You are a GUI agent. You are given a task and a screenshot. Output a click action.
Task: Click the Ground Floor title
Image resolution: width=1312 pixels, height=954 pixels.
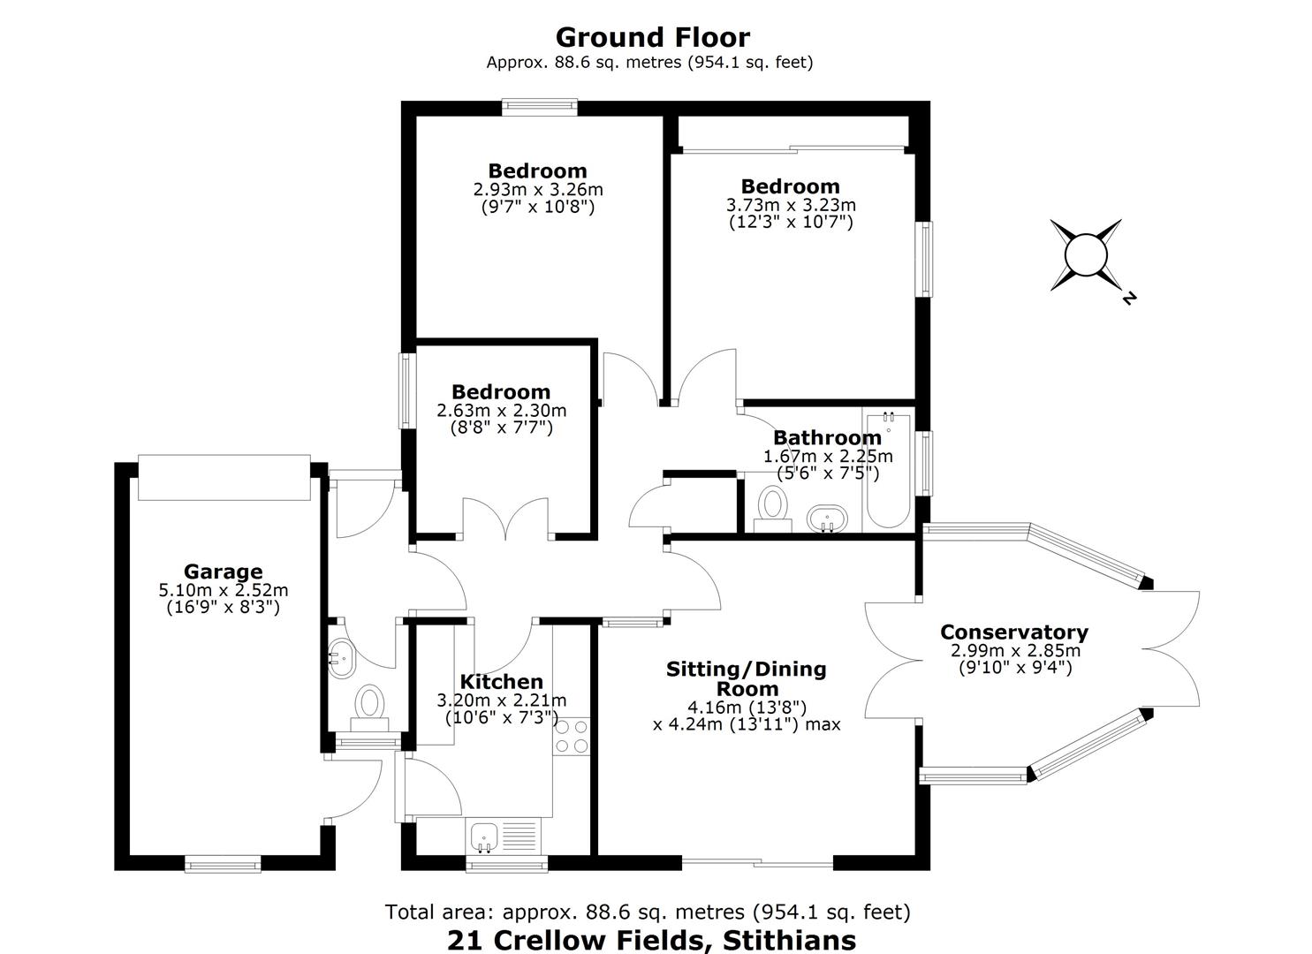tap(653, 37)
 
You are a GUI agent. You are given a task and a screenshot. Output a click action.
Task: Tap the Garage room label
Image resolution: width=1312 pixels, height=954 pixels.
tap(224, 571)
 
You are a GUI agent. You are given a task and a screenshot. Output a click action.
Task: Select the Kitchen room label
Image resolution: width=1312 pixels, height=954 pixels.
tap(501, 681)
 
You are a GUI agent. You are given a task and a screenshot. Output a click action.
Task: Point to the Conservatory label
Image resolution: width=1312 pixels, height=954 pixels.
tap(1014, 632)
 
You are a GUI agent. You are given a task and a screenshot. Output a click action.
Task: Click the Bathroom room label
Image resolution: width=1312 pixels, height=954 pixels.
tap(827, 437)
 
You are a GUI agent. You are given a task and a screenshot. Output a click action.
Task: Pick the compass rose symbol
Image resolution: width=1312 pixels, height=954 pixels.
tap(1086, 255)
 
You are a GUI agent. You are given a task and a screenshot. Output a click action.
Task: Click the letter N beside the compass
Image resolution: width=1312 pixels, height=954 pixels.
tap(1129, 298)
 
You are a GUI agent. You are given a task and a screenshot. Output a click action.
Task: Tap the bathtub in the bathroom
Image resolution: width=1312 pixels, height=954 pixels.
tap(888, 470)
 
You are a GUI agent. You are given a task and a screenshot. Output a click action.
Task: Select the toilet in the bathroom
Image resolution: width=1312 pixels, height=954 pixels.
tap(772, 510)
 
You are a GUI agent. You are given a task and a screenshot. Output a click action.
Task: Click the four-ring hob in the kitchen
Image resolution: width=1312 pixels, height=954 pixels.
tap(571, 736)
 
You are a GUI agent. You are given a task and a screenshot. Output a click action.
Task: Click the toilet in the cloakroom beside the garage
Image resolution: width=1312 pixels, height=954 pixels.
tap(369, 708)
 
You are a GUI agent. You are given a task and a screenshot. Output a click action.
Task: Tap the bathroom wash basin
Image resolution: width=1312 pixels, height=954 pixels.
tap(827, 519)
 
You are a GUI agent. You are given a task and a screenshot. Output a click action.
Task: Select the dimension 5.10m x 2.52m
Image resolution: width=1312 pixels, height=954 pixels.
tap(224, 590)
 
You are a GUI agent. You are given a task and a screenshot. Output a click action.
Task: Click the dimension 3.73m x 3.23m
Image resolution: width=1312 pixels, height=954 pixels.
tap(791, 205)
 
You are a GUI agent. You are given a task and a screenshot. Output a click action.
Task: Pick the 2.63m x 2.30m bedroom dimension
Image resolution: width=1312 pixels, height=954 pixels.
tap(501, 410)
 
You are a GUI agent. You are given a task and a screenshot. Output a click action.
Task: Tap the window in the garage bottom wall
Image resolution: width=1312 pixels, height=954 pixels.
tap(223, 864)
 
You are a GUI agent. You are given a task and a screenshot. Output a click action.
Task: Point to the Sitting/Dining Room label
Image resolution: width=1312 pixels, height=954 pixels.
tap(747, 678)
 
